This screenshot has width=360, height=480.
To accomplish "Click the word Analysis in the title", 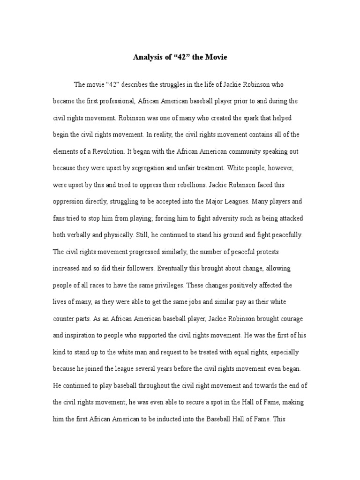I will pos(147,58).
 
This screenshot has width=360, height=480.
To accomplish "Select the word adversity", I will pos(203,218).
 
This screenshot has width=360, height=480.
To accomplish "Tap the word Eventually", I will pos(175,269).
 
